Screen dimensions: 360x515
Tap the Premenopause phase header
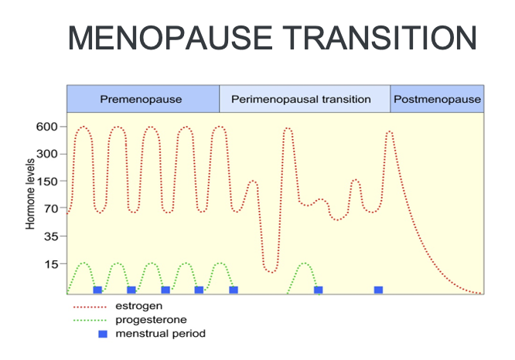pyautogui.click(x=142, y=100)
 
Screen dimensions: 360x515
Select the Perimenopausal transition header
pyautogui.click(x=305, y=100)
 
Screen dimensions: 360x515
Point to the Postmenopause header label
pyautogui.click(x=437, y=100)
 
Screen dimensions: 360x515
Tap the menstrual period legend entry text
pyautogui.click(x=160, y=334)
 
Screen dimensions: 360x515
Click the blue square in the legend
pyautogui.click(x=102, y=334)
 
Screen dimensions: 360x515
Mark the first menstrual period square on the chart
pyautogui.click(x=97, y=290)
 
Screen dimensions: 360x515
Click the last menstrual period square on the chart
pyautogui.click(x=378, y=290)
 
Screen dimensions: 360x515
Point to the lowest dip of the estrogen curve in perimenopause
pyautogui.click(x=270, y=270)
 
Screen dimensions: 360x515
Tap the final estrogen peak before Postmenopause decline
pyautogui.click(x=390, y=132)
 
